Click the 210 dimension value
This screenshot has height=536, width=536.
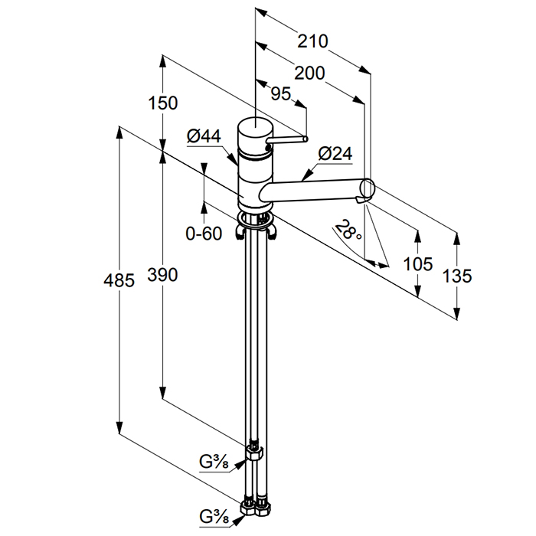click(x=314, y=41)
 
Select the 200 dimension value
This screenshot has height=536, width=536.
click(x=309, y=74)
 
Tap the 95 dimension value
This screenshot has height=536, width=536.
click(x=281, y=93)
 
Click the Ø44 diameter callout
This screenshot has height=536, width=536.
click(x=204, y=136)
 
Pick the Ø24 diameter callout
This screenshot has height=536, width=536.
click(x=335, y=153)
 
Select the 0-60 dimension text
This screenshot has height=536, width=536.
click(x=204, y=234)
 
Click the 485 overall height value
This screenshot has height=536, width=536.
click(x=119, y=280)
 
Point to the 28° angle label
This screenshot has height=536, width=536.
click(x=349, y=230)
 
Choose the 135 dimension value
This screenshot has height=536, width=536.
click(x=457, y=275)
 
